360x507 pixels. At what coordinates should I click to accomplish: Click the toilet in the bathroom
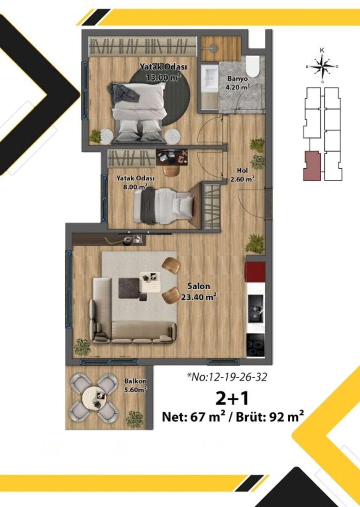pyautogui.click(x=252, y=66)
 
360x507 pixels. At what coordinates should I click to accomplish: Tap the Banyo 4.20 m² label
pyautogui.click(x=238, y=83)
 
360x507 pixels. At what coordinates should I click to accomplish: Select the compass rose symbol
pyautogui.click(x=322, y=66)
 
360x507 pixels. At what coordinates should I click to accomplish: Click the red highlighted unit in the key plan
pyautogui.click(x=311, y=166)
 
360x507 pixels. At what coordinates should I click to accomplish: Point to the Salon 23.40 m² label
pyautogui.click(x=198, y=292)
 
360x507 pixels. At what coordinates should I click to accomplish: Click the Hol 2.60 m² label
pyautogui.click(x=242, y=175)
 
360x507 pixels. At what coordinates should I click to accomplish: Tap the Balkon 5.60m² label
pyautogui.click(x=135, y=385)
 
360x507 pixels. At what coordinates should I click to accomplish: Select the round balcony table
pyautogui.click(x=94, y=397)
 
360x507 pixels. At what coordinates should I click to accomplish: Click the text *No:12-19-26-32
pyautogui.click(x=227, y=377)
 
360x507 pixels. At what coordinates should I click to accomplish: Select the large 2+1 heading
pyautogui.click(x=232, y=398)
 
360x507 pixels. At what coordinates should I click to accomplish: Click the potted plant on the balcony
pyautogui.click(x=134, y=418)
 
